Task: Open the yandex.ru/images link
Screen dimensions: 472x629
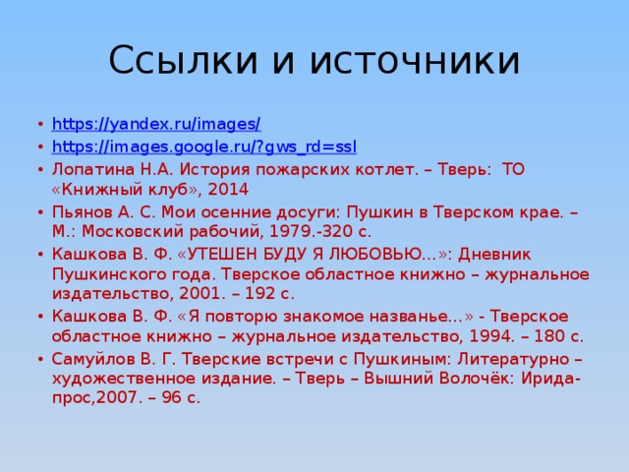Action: tap(155, 124)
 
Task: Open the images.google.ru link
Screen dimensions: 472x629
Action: tap(203, 147)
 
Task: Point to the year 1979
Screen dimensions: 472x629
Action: tap(291, 231)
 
